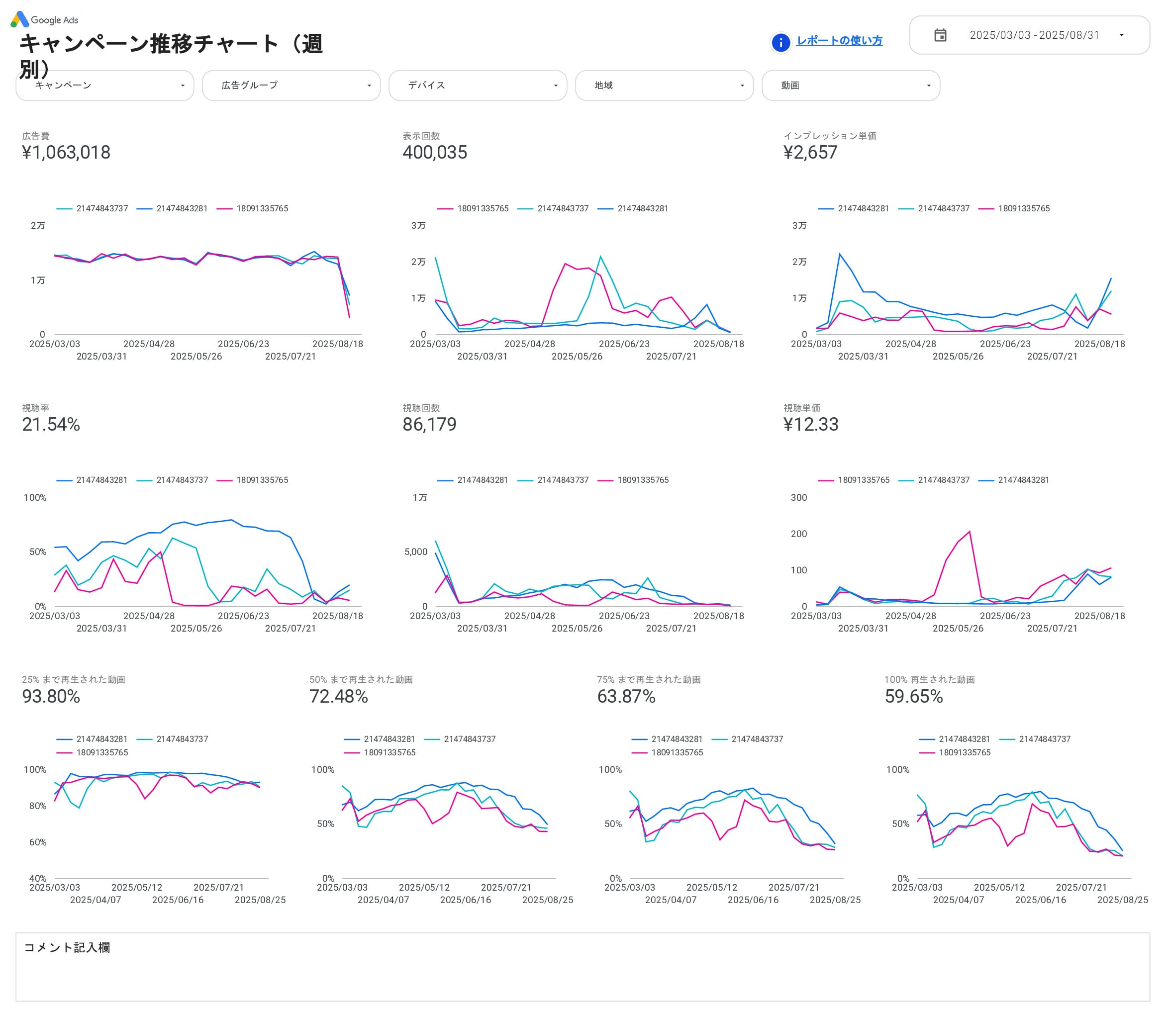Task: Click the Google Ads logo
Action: tap(44, 20)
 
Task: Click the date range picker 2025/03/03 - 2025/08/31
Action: tap(1034, 35)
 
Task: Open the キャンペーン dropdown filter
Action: tap(105, 86)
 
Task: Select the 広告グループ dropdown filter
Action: tap(291, 86)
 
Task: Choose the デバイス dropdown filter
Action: tap(478, 86)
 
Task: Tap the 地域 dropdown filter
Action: tap(664, 86)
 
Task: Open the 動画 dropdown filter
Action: tap(850, 86)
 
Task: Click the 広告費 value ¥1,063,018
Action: tap(66, 153)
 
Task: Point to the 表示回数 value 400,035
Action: tap(435, 153)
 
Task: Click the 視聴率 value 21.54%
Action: tap(51, 424)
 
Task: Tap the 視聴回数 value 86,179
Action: tap(429, 424)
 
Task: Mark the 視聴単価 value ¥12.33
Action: tap(810, 424)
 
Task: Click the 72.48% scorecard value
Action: tap(338, 697)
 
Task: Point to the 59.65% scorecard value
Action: tap(913, 697)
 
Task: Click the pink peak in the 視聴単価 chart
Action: tap(969, 532)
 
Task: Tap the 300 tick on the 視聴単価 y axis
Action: tap(798, 498)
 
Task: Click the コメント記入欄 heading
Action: tap(67, 947)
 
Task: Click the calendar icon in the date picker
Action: tap(940, 35)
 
